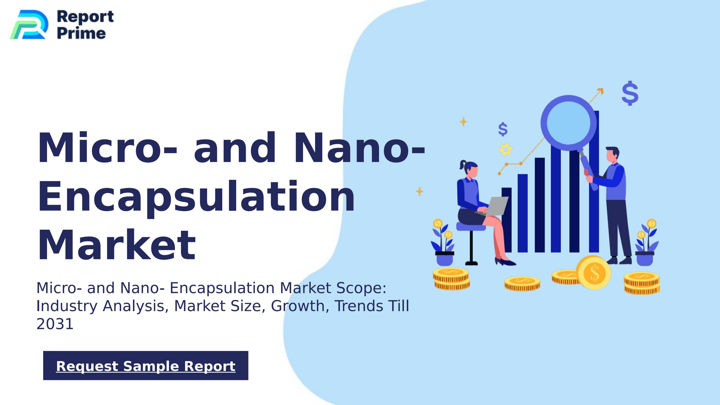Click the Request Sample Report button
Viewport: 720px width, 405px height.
click(146, 366)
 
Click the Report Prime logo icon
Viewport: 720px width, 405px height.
click(29, 24)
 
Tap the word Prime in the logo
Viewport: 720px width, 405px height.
click(81, 33)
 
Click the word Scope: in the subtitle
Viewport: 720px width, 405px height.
click(361, 288)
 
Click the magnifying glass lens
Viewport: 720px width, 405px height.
click(568, 123)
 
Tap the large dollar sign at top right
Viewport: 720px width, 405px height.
click(630, 93)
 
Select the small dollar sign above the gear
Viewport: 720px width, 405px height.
click(503, 129)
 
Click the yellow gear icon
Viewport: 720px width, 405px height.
click(505, 150)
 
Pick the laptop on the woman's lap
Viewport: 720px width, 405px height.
click(496, 206)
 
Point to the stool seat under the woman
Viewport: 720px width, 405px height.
click(471, 226)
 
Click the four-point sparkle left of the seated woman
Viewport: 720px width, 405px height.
click(420, 192)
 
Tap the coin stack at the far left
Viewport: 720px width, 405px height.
click(451, 279)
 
